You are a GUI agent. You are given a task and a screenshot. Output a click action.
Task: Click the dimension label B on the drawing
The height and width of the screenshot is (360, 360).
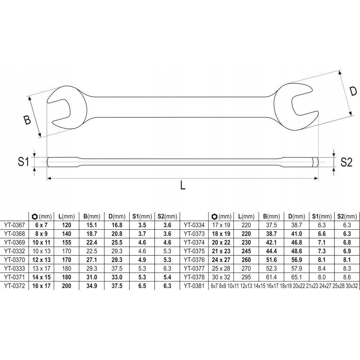pyautogui.click(x=27, y=120)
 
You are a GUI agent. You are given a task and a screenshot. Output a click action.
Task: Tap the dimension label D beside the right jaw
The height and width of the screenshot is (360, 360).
pyautogui.click(x=353, y=92)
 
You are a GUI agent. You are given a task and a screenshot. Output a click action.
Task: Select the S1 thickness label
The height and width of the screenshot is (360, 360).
pyautogui.click(x=23, y=162)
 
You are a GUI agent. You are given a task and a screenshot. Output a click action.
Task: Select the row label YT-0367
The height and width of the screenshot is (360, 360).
pyautogui.click(x=14, y=225)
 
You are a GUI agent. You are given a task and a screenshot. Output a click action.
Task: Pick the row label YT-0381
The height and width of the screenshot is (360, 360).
pyautogui.click(x=194, y=286)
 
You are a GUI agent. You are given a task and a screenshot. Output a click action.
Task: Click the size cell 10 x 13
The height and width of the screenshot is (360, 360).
pyautogui.click(x=41, y=251)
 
